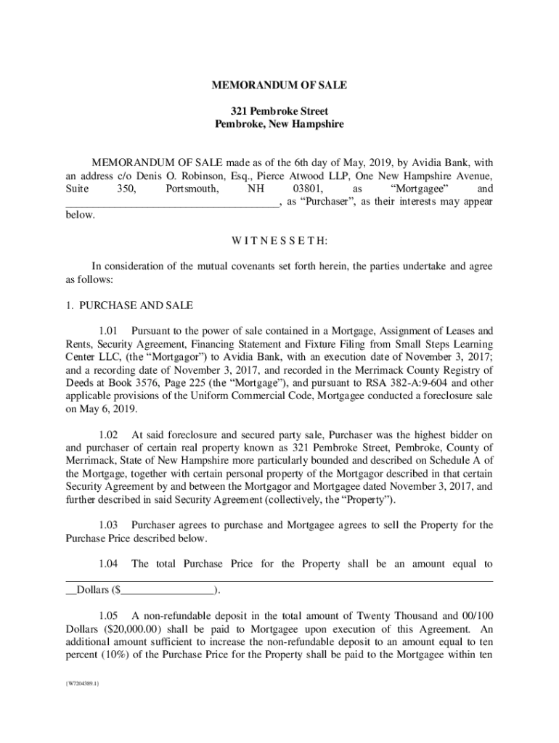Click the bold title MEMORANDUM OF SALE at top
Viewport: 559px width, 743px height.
click(279, 86)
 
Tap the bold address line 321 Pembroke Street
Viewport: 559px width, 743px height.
click(279, 111)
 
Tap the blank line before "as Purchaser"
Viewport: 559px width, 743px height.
click(171, 202)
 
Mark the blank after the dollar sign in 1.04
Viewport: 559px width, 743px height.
click(167, 589)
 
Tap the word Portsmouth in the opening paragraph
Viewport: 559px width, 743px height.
click(192, 189)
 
